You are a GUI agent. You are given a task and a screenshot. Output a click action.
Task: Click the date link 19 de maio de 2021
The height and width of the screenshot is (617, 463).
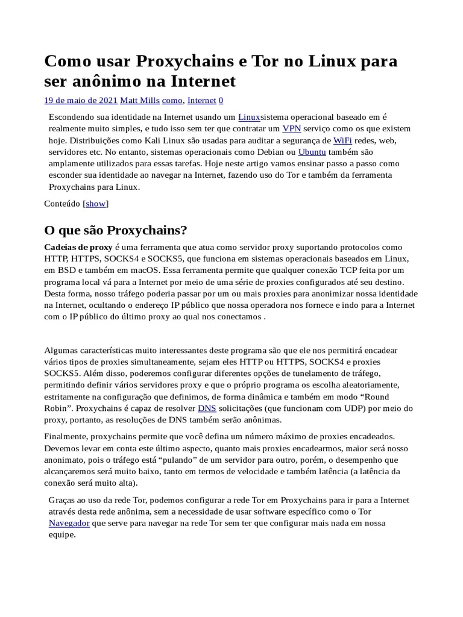coord(81,101)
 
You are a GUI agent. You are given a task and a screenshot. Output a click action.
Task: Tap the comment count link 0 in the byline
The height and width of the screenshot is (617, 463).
coord(221,101)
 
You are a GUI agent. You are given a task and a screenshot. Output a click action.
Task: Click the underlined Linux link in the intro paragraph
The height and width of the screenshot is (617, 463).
coord(249,117)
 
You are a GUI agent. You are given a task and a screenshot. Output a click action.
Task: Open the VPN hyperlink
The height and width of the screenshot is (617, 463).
coord(292,128)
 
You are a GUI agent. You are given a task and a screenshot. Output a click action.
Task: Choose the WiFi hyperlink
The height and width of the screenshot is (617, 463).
coord(342,140)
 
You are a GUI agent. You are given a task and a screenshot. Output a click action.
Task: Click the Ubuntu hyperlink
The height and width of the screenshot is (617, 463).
coord(312,152)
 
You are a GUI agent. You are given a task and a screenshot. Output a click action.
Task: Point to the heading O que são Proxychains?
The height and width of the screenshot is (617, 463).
coord(116,231)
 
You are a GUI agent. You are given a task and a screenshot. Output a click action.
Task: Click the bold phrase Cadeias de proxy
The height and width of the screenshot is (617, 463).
coord(78,247)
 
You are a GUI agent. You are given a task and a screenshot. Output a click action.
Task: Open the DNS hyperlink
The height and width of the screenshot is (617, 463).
coord(207,409)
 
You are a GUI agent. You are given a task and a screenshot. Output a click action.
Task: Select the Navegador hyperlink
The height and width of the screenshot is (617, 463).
coord(69,523)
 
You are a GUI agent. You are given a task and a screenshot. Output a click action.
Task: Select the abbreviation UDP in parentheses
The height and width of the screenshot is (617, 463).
coord(341,409)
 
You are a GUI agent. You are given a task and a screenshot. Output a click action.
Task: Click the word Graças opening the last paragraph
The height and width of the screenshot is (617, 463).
coord(62,500)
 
